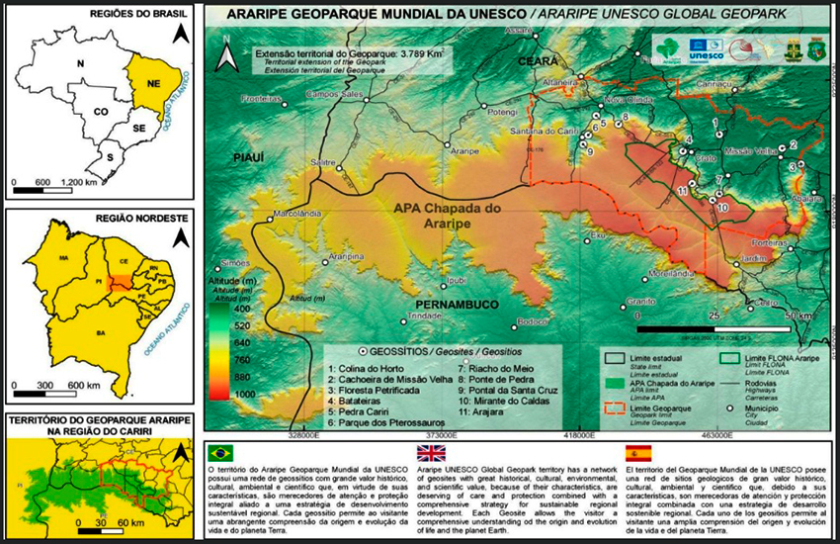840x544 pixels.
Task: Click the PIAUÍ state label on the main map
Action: (249, 157)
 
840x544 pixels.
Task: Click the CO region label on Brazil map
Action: (101, 112)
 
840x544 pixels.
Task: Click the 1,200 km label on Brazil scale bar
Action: (78, 184)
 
